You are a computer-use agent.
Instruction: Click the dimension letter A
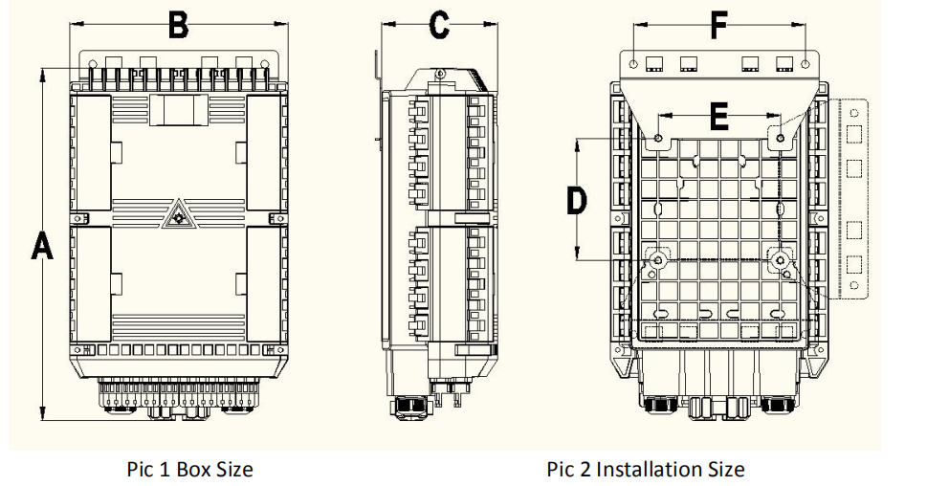click(42, 245)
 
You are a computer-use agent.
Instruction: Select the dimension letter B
click(179, 26)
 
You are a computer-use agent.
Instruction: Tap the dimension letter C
click(439, 26)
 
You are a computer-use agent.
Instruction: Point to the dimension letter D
click(576, 201)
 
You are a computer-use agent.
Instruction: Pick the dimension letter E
click(718, 116)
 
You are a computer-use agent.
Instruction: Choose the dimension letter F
click(718, 26)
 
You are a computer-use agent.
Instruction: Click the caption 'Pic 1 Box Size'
click(189, 469)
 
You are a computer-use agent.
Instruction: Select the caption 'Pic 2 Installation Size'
click(646, 469)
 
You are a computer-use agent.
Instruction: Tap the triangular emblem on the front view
click(178, 215)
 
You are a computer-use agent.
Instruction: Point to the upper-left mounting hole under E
click(658, 139)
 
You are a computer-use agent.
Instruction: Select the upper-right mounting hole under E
click(780, 139)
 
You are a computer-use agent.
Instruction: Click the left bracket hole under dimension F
click(633, 64)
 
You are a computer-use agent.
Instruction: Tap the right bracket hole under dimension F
click(805, 64)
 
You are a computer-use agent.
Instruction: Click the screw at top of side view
click(440, 75)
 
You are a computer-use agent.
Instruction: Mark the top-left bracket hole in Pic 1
click(93, 64)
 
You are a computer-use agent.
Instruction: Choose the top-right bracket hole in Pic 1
click(264, 64)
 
